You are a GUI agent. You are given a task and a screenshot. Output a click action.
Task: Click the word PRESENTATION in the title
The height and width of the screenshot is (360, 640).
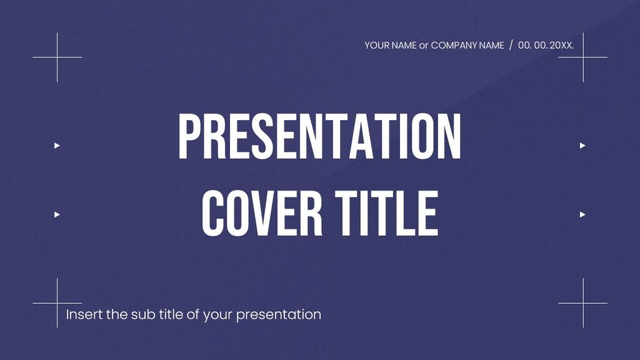(x=319, y=137)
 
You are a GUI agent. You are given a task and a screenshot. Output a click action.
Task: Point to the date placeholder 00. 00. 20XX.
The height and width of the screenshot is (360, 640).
(x=546, y=46)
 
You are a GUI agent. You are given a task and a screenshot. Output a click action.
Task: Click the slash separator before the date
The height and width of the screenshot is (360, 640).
(x=511, y=46)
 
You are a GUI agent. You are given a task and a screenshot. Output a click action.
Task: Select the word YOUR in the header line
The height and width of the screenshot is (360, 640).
(x=377, y=46)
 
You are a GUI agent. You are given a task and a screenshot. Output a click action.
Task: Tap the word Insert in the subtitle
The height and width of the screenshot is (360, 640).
(x=84, y=314)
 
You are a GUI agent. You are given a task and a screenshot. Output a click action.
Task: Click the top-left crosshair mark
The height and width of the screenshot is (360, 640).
(x=57, y=57)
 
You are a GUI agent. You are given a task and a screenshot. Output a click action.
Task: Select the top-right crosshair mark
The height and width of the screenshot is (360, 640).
(x=583, y=57)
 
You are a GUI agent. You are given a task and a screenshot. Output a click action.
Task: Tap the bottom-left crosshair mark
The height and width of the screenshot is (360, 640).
(x=57, y=303)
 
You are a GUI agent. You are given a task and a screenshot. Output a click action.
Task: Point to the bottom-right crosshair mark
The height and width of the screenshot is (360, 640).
(x=583, y=303)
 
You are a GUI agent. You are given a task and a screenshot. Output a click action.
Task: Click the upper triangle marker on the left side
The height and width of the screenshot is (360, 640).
(x=57, y=146)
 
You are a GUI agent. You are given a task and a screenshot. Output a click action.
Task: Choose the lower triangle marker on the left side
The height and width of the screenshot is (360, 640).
(x=57, y=214)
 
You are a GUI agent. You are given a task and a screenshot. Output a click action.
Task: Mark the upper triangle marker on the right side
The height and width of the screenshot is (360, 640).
(x=582, y=146)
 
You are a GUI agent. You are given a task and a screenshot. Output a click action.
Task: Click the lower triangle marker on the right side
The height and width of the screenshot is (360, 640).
(x=582, y=214)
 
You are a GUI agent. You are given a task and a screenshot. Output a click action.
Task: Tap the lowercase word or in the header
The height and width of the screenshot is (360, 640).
(x=423, y=46)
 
